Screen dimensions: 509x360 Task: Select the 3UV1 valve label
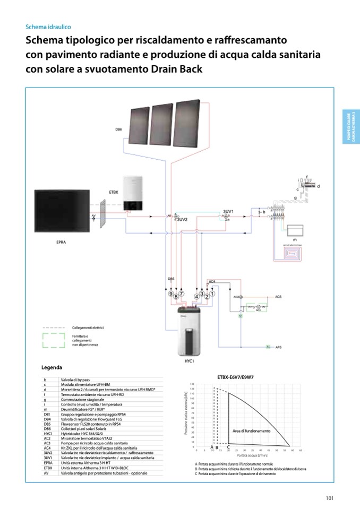229,211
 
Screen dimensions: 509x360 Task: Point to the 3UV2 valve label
182,219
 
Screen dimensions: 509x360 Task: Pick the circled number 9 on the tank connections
170,294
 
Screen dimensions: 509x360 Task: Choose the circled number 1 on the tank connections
212,294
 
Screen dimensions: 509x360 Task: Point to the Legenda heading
52,368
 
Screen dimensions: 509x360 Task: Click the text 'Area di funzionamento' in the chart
251,431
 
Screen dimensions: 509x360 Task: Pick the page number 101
329,497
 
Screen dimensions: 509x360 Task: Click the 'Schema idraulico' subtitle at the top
48,27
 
